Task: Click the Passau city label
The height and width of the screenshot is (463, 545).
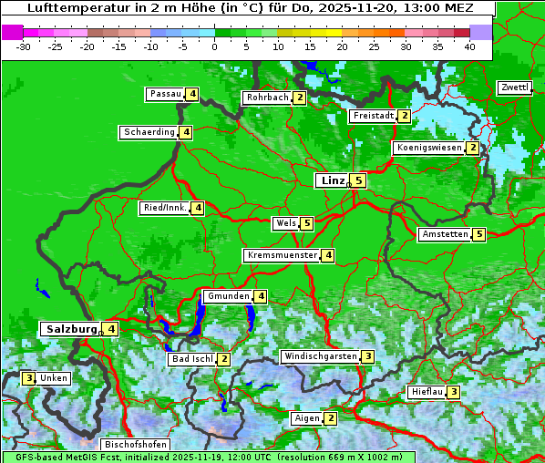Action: point(165,94)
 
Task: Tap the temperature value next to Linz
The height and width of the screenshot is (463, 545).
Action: point(359,180)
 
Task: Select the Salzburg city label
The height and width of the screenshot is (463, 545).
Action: point(71,328)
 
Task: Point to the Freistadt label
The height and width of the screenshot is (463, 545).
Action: point(373,116)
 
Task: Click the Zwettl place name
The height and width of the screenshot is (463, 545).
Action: point(514,87)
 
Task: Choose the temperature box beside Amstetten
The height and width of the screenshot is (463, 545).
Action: point(479,234)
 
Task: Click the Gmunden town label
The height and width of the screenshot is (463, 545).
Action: point(227,296)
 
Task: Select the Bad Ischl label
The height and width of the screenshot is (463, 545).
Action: point(191,359)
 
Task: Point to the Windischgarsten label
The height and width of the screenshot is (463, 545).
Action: point(319,356)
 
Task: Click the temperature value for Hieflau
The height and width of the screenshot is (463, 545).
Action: point(453,392)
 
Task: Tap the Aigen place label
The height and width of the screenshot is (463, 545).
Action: point(306,418)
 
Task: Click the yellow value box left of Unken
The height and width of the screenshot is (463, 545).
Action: point(29,377)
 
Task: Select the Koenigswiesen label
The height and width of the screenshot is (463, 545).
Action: point(428,148)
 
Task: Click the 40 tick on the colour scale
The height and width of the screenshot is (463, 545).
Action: point(469,46)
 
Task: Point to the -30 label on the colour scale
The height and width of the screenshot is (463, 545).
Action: point(24,46)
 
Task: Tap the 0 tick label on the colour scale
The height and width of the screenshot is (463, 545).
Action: point(215,46)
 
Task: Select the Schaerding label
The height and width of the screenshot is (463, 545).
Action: point(149,132)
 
